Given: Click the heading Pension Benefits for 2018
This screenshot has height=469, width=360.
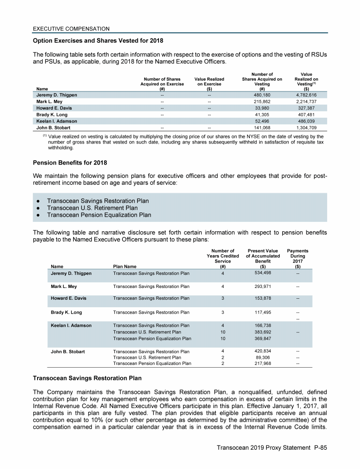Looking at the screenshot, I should (70, 163).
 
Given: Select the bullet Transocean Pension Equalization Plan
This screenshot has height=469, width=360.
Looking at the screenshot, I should (99, 215).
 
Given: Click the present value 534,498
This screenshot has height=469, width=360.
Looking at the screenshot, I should (263, 272).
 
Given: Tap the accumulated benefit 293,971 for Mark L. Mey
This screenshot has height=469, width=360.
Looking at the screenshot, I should (263, 286).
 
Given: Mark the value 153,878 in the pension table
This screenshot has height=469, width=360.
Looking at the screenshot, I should (263, 298).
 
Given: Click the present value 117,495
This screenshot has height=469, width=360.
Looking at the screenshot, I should (263, 312).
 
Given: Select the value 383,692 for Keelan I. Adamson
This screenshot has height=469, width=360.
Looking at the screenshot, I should (263, 332).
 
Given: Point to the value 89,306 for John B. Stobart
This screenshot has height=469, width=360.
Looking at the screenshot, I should (263, 357).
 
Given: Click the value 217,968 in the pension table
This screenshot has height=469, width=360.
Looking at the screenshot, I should (263, 363).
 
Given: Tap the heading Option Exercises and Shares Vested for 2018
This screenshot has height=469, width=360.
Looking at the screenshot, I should (98, 40).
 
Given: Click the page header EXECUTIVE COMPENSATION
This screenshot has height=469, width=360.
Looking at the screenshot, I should (71, 29).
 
